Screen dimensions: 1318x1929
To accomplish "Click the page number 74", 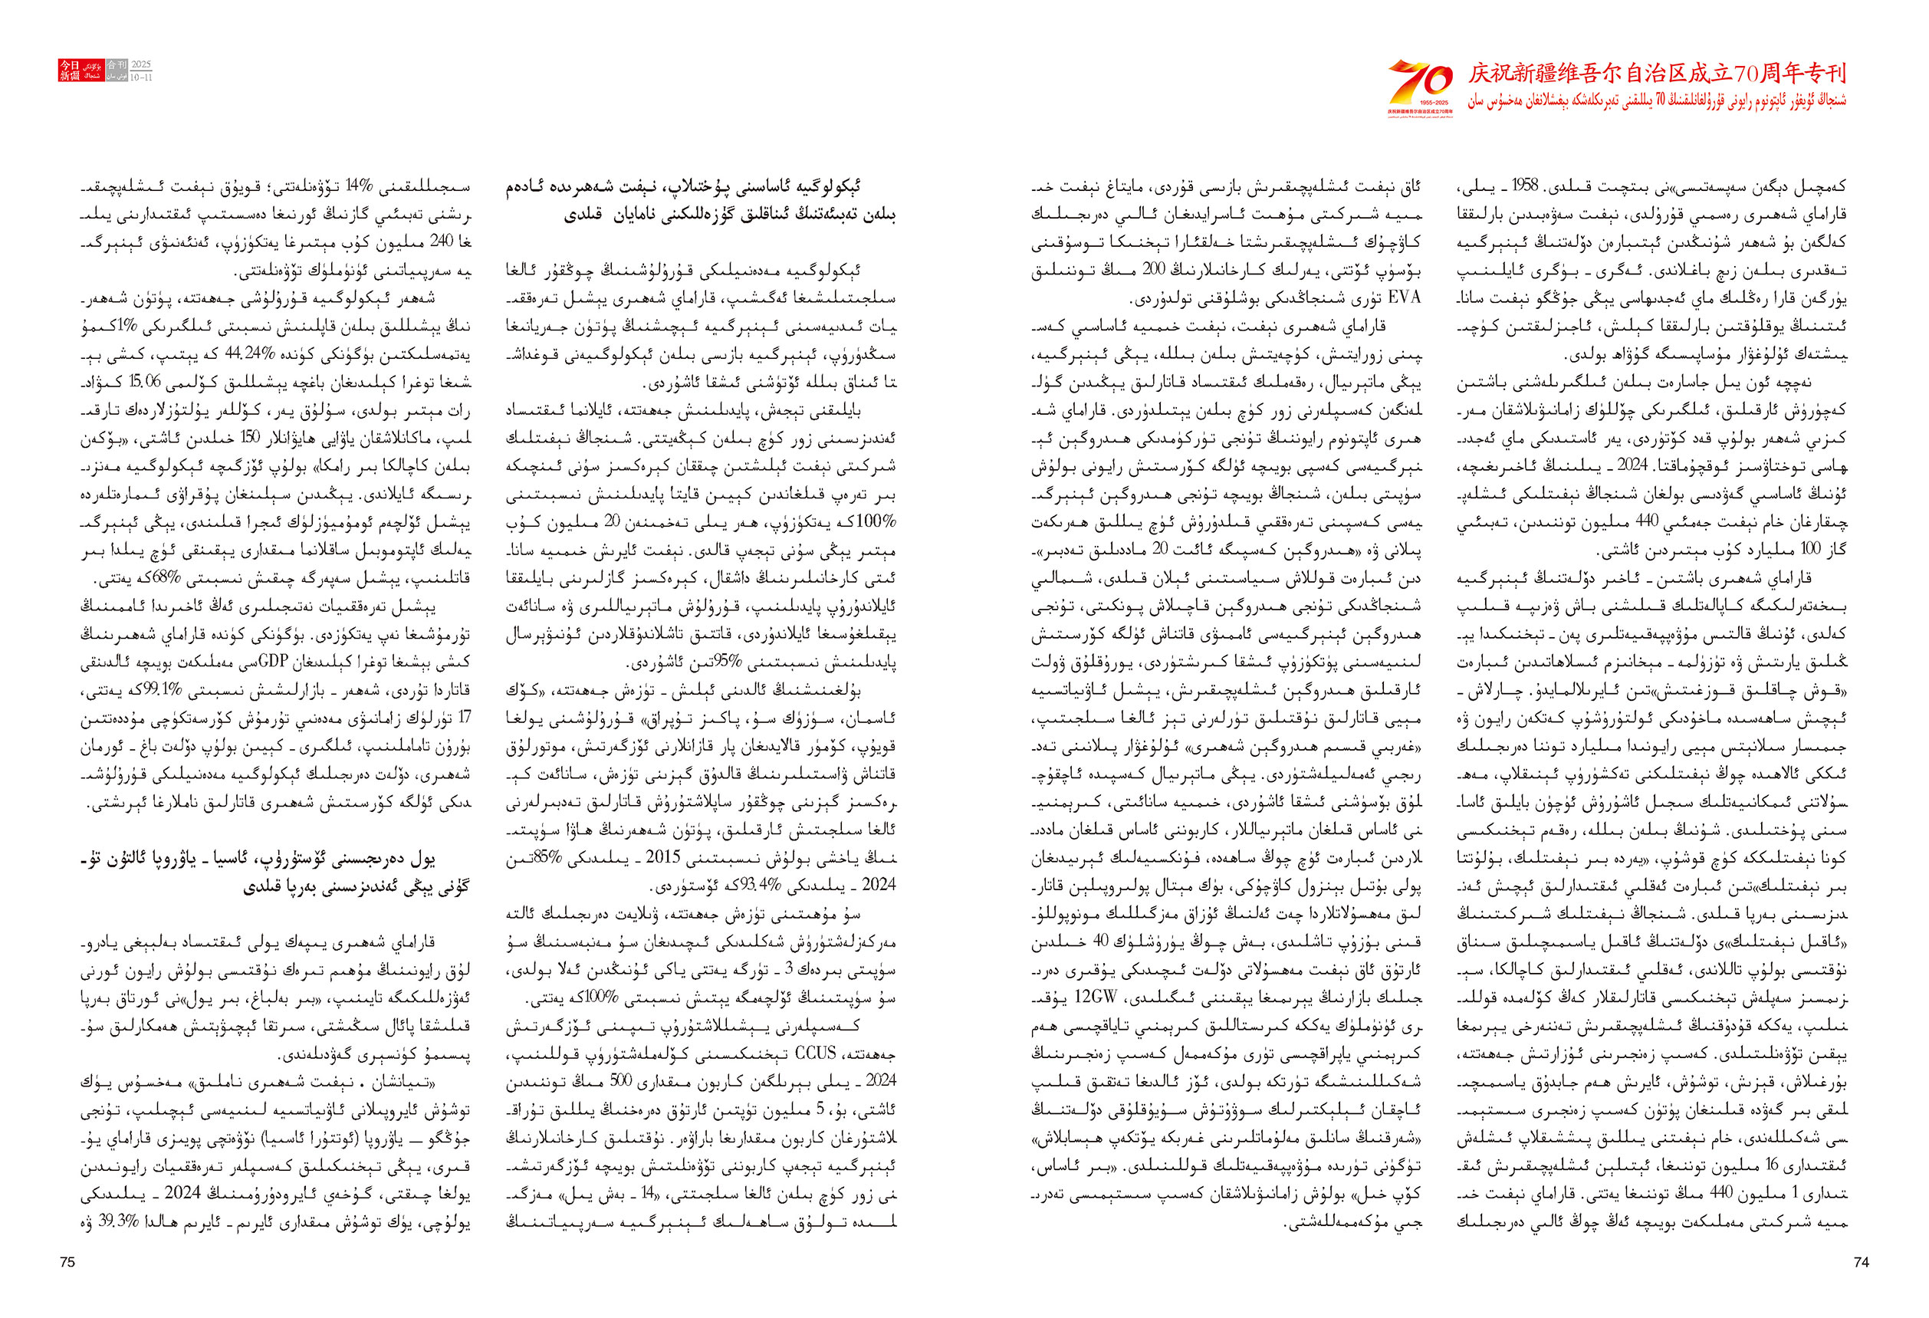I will (1861, 1261).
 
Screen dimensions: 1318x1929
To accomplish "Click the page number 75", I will (68, 1261).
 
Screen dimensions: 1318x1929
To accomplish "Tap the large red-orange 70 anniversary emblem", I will (1420, 84).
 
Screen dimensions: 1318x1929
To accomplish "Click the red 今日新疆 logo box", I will (69, 71).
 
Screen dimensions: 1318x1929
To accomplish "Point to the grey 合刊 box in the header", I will (117, 64).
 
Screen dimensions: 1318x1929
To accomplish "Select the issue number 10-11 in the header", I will (141, 77).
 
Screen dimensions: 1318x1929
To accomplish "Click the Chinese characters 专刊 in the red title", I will (1825, 74).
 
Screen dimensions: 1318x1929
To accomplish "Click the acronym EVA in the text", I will (1405, 297).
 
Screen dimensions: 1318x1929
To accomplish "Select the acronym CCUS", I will (815, 1053).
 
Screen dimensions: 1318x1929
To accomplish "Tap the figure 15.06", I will (144, 382).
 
